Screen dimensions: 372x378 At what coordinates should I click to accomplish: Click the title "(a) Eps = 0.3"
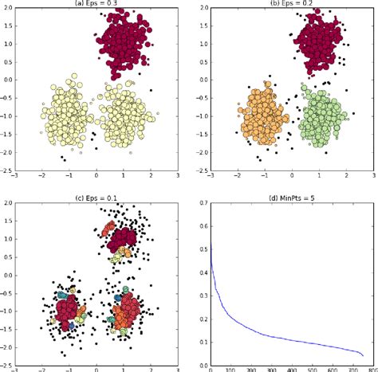click(96, 4)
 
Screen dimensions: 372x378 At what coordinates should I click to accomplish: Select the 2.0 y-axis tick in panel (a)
click(9, 9)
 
